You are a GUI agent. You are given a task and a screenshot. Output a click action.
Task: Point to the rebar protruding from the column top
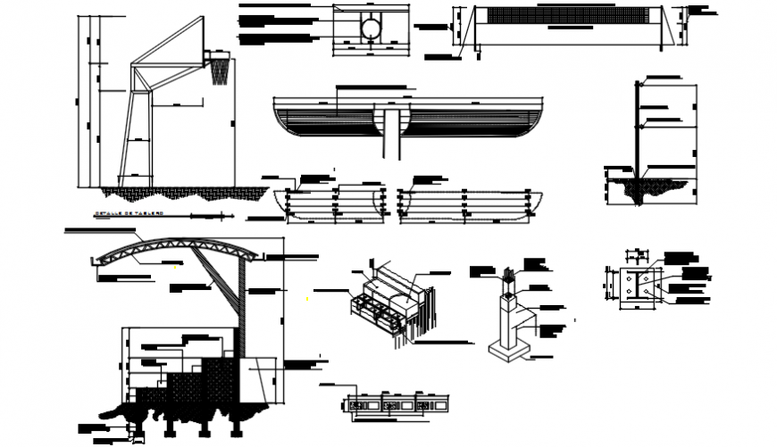(511, 272)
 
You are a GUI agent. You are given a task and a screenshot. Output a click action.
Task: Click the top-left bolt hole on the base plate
(631, 278)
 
